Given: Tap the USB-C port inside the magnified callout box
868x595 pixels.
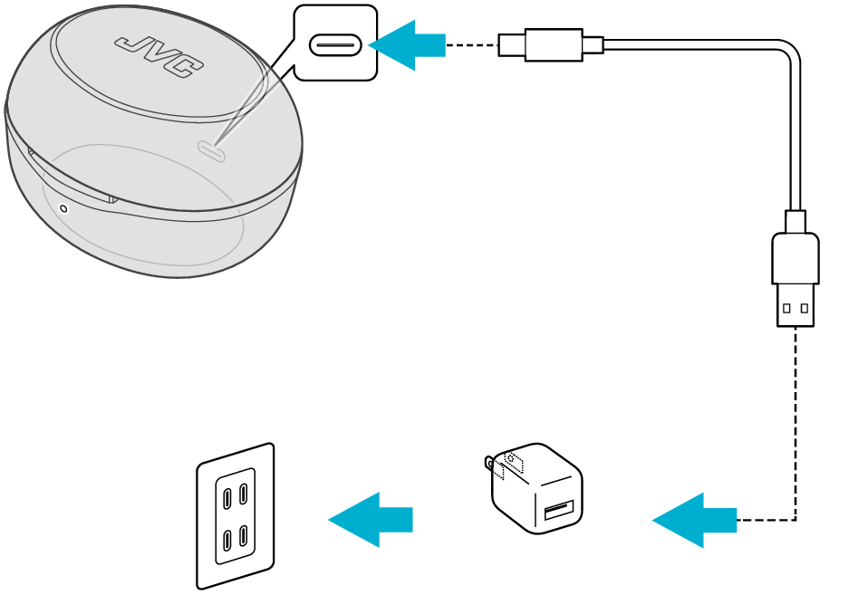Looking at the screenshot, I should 335,44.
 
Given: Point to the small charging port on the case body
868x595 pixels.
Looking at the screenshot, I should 212,151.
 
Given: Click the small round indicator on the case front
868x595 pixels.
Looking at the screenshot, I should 63,208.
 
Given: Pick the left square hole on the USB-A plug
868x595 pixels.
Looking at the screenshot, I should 786,308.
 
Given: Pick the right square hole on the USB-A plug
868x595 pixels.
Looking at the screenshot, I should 805,308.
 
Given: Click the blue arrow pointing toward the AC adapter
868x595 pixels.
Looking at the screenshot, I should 693,520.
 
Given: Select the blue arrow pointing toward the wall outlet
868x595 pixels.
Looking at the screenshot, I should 370,520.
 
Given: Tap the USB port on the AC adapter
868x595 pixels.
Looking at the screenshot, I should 556,513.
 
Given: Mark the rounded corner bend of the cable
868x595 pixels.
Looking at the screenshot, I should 787,53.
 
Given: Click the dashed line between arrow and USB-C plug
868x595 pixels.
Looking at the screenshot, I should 471,44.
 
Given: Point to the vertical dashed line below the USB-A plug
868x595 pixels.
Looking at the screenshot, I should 796,417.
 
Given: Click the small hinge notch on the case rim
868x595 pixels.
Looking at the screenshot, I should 112,198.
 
